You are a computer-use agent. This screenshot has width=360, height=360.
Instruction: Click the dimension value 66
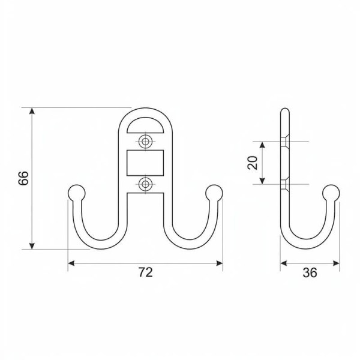pyautogui.click(x=23, y=178)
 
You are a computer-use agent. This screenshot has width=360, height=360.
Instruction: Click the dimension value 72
pyautogui.click(x=145, y=272)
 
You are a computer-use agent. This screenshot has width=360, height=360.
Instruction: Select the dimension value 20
pyautogui.click(x=253, y=163)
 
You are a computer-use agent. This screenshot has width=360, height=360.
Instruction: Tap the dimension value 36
pyautogui.click(x=310, y=273)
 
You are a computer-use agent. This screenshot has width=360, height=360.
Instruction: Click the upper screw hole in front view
pyautogui.click(x=145, y=142)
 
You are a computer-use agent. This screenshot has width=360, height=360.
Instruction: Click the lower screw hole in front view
pyautogui.click(x=145, y=184)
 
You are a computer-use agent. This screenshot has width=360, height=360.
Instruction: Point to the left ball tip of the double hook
pyautogui.click(x=76, y=193)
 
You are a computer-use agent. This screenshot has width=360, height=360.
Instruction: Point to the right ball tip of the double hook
pyautogui.click(x=214, y=193)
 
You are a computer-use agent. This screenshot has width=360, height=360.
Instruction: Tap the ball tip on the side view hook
pyautogui.click(x=331, y=193)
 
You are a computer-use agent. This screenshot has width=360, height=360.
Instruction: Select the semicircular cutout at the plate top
pyautogui.click(x=145, y=126)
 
